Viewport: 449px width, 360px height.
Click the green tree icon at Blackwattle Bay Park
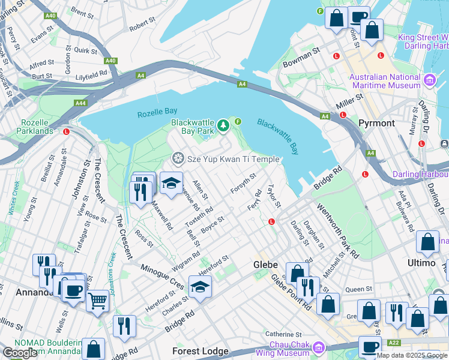click(x=223, y=125)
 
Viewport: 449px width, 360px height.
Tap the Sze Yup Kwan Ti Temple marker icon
click(x=177, y=159)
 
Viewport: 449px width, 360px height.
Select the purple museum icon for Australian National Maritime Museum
click(x=429, y=80)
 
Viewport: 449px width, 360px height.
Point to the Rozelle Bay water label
click(x=157, y=112)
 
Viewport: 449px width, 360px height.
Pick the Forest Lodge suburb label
click(x=200, y=351)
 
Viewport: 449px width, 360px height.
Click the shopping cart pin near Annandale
click(x=97, y=301)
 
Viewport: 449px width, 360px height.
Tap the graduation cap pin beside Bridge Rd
click(x=200, y=286)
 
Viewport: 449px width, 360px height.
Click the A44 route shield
click(x=80, y=103)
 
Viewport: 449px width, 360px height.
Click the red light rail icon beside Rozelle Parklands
click(x=66, y=131)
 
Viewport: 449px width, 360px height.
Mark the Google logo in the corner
click(x=20, y=353)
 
